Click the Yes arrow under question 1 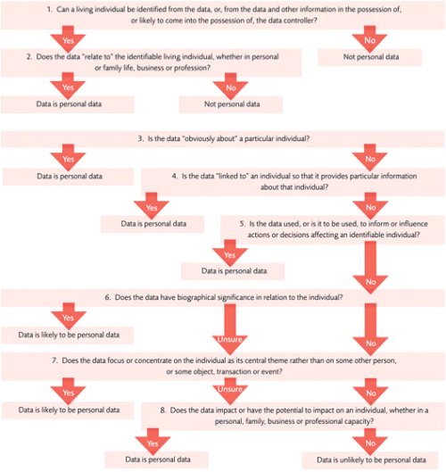click(68, 38)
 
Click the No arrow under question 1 click(370, 38)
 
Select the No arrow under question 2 click(230, 86)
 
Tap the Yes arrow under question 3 click(68, 157)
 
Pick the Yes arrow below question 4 click(152, 206)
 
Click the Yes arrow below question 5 click(230, 253)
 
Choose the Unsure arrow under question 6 click(230, 329)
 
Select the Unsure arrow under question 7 click(230, 391)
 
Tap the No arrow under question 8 click(370, 442)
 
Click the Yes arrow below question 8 click(153, 442)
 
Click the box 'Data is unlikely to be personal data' click(370, 460)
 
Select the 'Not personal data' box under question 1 click(370, 57)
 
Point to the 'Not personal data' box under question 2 click(231, 104)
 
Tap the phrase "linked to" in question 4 click(232, 176)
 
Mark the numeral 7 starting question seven click(54, 360)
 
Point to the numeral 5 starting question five click(243, 224)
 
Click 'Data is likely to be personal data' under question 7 click(69, 410)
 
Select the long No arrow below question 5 click(370, 268)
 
